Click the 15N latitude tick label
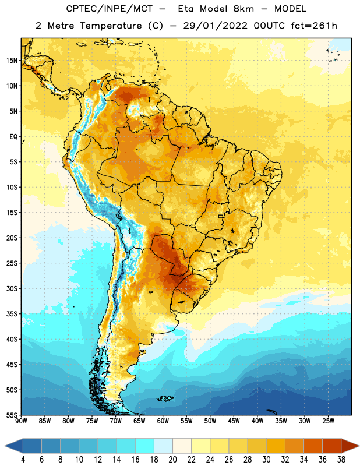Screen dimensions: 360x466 click(x=12, y=61)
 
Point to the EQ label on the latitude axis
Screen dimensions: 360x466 click(x=13, y=137)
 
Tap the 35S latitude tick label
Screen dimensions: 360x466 click(x=12, y=314)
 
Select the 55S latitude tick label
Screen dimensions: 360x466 click(x=12, y=415)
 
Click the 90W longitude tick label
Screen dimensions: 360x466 click(x=21, y=421)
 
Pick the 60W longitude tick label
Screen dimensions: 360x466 click(x=163, y=421)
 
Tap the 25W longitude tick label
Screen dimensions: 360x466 click(x=329, y=421)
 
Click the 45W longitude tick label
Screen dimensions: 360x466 click(x=234, y=421)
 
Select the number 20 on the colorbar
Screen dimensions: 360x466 click(x=172, y=460)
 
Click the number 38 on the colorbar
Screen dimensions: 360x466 click(x=341, y=460)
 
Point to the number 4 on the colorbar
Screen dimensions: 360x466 click(x=23, y=460)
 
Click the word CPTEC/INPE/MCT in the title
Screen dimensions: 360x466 click(x=109, y=9)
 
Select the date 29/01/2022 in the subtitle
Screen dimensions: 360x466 click(x=215, y=26)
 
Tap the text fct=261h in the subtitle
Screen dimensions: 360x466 click(x=314, y=26)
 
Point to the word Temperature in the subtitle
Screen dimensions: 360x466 click(x=111, y=26)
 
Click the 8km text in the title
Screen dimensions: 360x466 click(x=243, y=9)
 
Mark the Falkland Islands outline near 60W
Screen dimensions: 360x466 click(x=165, y=398)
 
